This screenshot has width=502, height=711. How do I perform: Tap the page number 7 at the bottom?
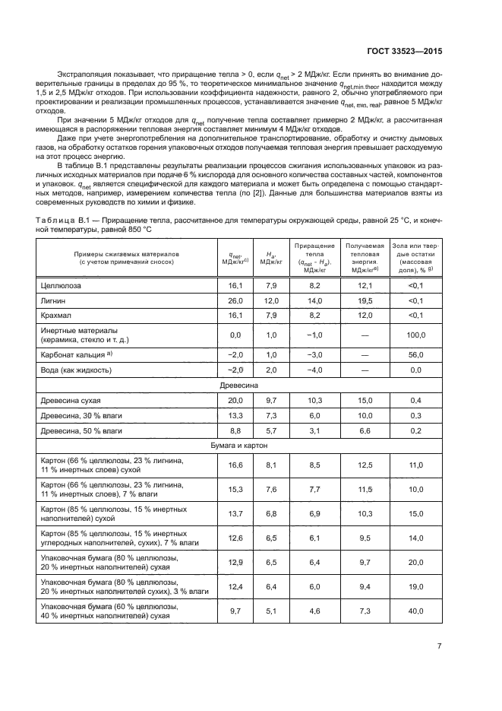click(439, 646)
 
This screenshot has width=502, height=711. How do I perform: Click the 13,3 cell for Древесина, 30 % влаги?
click(235, 415)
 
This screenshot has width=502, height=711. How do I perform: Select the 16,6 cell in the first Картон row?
click(235, 465)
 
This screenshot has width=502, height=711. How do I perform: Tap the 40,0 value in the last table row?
click(415, 611)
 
